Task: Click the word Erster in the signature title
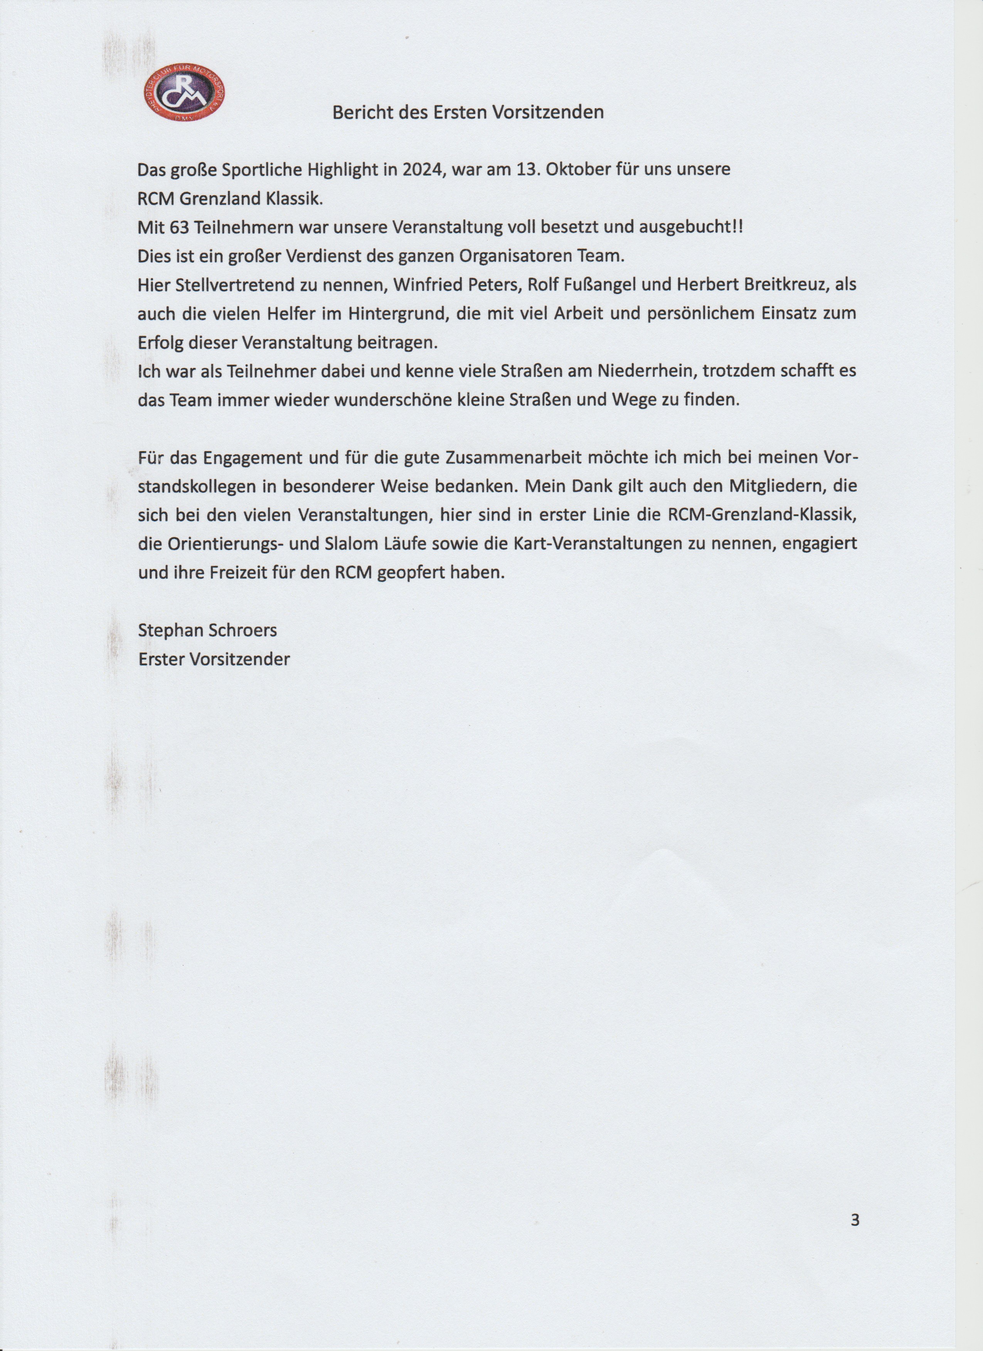point(160,659)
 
